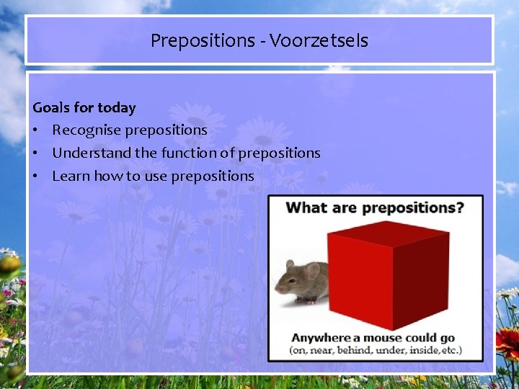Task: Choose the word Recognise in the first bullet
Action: click(86, 130)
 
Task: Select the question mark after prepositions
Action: click(459, 208)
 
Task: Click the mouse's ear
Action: click(311, 270)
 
